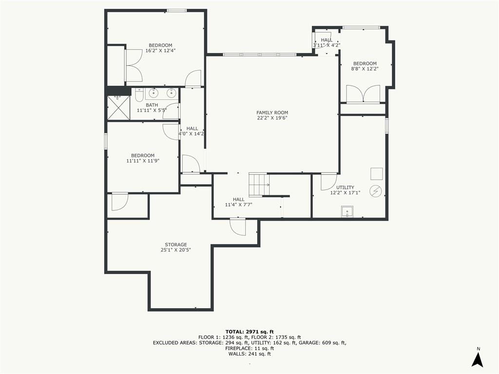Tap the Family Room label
(x=272, y=112)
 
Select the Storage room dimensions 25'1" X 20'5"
(x=175, y=250)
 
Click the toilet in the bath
(x=139, y=94)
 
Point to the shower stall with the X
(x=118, y=108)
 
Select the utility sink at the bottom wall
(x=347, y=211)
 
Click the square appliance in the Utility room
(x=377, y=174)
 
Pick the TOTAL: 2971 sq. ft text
(x=249, y=332)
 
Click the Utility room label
(x=345, y=187)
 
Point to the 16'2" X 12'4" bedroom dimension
(x=160, y=51)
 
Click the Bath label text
(x=152, y=105)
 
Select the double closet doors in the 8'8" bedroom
(x=363, y=94)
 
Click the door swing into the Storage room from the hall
(x=238, y=227)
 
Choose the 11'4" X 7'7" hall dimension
(x=238, y=205)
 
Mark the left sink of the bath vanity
(x=154, y=93)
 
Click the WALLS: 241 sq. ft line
(x=249, y=354)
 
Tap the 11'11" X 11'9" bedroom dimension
(x=143, y=161)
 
